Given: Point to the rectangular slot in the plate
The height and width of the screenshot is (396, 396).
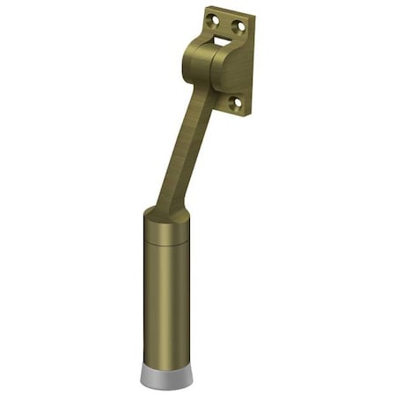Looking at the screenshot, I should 222,36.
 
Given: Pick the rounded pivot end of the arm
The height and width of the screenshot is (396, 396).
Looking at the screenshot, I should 197,57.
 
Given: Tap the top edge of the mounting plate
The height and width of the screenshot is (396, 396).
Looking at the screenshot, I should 228,11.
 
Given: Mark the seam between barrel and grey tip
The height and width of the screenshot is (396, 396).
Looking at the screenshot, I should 166,360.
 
